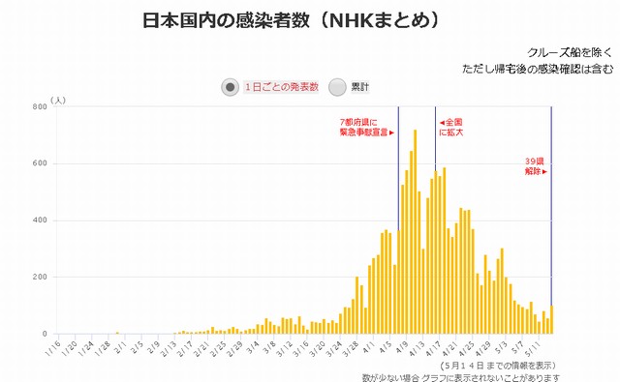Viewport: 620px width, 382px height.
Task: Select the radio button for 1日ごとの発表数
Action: pos(231,87)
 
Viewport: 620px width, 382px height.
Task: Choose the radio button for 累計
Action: pos(337,87)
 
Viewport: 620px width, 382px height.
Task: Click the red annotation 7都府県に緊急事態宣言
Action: pos(367,128)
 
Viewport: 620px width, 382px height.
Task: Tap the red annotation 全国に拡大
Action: pos(452,128)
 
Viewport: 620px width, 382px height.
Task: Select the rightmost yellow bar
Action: pos(551,320)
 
